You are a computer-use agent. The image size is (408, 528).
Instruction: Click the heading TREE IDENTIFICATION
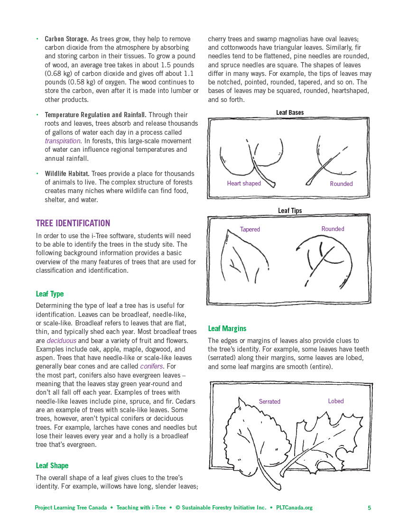click(x=73, y=223)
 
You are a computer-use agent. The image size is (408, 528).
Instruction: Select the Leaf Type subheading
click(x=50, y=294)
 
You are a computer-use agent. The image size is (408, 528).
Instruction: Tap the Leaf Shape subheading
click(x=52, y=466)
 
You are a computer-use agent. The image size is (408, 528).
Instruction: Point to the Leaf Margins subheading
click(x=227, y=328)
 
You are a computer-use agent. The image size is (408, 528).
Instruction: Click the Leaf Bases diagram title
click(x=290, y=113)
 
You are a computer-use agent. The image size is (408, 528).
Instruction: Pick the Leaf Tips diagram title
click(x=290, y=211)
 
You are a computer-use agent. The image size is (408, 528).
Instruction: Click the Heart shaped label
click(x=244, y=184)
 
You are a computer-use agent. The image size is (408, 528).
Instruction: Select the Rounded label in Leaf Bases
click(x=341, y=184)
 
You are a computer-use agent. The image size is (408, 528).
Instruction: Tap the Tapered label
click(x=250, y=230)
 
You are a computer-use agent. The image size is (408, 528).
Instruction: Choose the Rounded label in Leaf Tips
click(x=333, y=229)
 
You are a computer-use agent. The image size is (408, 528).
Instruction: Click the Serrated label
click(x=269, y=402)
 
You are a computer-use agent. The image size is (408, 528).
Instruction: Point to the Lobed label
click(x=336, y=401)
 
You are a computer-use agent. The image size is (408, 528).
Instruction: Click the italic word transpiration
click(x=63, y=141)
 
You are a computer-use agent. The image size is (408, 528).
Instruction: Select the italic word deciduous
click(x=61, y=341)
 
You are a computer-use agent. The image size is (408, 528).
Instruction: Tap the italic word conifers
click(x=151, y=367)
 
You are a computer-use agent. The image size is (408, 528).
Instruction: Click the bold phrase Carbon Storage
click(x=66, y=39)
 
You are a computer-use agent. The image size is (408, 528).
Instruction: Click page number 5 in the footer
click(x=369, y=508)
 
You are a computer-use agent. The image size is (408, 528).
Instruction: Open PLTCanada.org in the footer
click(x=294, y=508)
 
